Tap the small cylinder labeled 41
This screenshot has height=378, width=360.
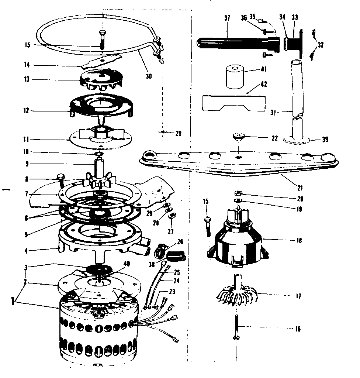click(236, 77)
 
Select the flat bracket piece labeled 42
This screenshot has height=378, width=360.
click(233, 103)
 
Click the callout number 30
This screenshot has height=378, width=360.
click(149, 76)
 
